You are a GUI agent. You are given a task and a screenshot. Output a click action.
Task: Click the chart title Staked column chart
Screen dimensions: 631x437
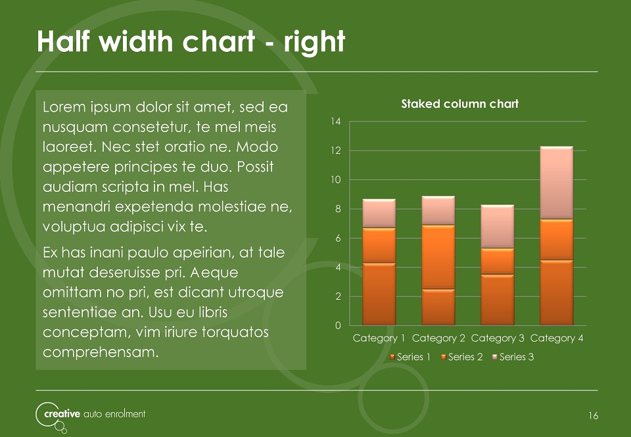click(x=459, y=104)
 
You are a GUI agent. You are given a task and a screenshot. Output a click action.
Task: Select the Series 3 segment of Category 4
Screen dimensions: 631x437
click(x=556, y=183)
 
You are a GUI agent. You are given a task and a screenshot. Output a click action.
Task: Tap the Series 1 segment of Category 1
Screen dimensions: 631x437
click(x=379, y=294)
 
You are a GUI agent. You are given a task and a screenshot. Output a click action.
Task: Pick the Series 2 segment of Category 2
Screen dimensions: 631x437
click(x=438, y=257)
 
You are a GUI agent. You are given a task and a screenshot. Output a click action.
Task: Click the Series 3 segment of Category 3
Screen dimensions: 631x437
click(x=497, y=227)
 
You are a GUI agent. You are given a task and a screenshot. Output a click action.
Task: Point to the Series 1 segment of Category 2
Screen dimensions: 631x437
click(x=438, y=307)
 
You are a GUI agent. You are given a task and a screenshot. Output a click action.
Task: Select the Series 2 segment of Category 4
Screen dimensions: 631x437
click(x=556, y=239)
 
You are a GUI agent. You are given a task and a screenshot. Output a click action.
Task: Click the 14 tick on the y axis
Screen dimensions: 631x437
click(x=336, y=121)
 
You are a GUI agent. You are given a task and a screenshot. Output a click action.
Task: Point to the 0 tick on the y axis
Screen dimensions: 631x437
click(x=338, y=325)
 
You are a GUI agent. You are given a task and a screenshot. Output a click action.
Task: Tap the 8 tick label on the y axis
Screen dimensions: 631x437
click(x=338, y=209)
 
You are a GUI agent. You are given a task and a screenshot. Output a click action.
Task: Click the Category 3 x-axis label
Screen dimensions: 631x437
click(x=498, y=338)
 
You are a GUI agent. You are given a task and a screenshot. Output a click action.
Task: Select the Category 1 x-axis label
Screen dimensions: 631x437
click(x=379, y=338)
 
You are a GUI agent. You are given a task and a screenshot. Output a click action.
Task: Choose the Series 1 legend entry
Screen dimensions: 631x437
click(x=410, y=357)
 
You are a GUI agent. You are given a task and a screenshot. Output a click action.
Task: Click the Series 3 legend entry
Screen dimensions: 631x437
click(x=513, y=357)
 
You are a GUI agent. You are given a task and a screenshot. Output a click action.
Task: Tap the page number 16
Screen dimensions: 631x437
click(x=593, y=416)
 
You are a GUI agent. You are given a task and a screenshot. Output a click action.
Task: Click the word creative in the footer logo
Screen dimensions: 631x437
click(x=62, y=413)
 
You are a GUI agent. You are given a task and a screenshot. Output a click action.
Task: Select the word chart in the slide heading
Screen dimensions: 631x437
click(x=218, y=41)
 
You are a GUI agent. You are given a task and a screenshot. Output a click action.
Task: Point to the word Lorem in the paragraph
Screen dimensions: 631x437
click(x=64, y=107)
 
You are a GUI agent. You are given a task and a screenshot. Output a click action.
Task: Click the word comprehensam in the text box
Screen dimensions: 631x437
click(x=101, y=352)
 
